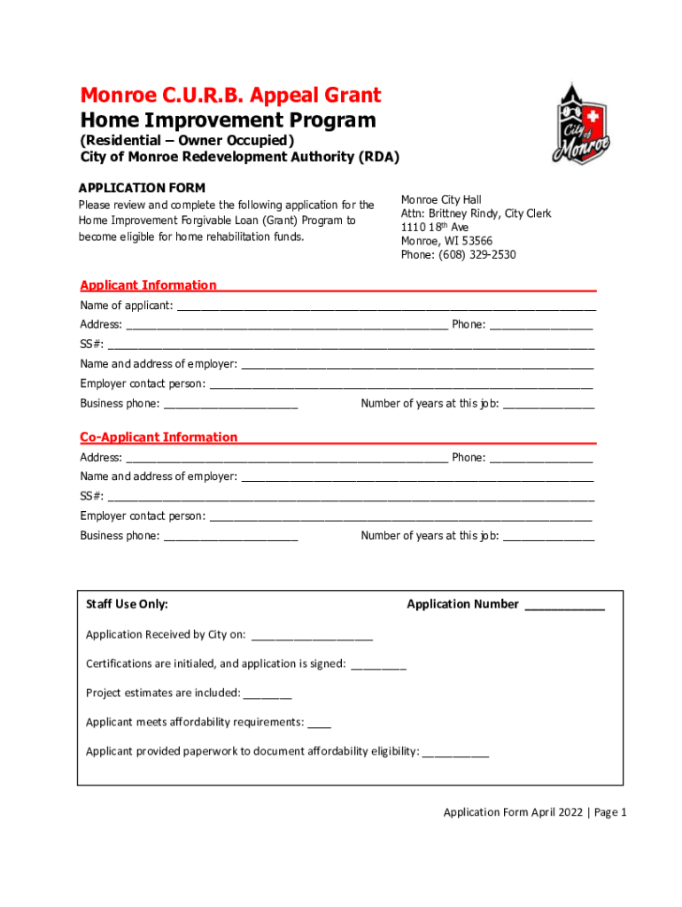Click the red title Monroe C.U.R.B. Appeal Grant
230,96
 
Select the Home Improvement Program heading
228,120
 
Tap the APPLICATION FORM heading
142,188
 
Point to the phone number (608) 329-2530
458,255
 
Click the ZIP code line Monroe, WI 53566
446,241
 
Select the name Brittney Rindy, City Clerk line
476,213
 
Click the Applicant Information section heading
148,285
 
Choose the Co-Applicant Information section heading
159,437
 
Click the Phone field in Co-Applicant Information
540,459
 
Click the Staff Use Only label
127,604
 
